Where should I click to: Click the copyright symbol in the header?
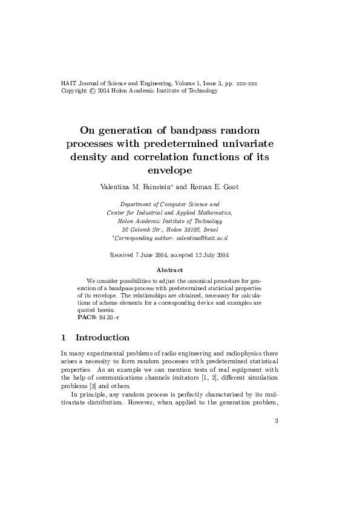[92, 91]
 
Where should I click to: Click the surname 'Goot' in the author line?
[231, 187]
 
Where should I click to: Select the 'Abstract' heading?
[169, 270]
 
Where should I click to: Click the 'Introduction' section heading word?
[102, 337]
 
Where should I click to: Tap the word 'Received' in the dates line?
[122, 255]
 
